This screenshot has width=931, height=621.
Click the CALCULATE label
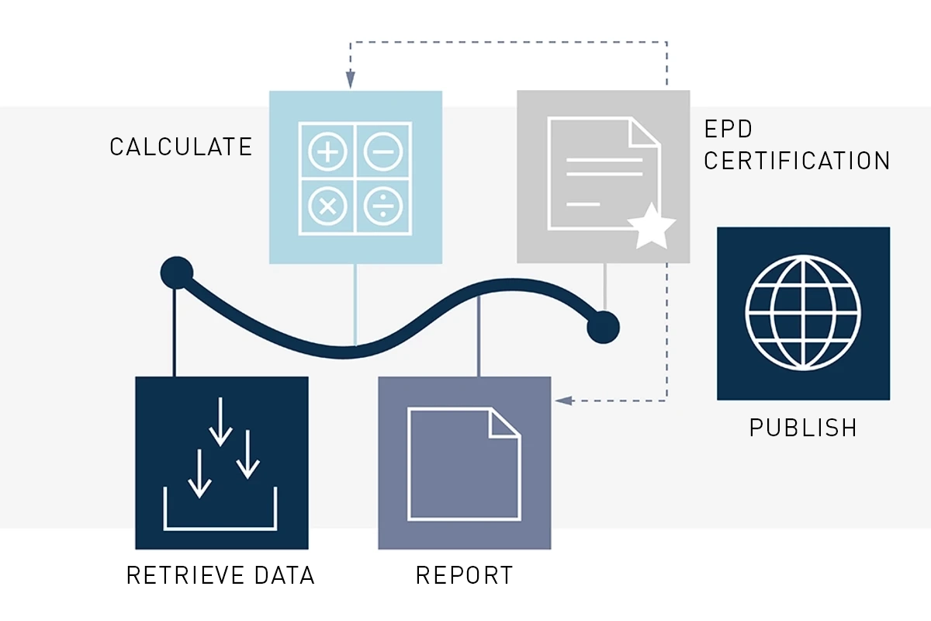181,147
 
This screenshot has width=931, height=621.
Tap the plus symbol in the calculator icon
327,152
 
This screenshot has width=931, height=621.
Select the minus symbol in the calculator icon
382,152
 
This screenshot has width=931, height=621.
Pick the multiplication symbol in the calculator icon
327,206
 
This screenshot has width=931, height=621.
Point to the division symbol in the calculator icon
382,206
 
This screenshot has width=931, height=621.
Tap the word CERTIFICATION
797,161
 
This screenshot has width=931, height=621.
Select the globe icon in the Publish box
803,314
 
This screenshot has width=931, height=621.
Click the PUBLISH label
803,428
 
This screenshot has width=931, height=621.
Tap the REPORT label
464,575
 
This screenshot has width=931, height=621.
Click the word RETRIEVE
184,575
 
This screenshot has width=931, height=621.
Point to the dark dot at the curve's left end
177,272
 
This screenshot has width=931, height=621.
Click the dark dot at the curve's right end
603,326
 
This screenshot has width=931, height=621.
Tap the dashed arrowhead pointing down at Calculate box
351,79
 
